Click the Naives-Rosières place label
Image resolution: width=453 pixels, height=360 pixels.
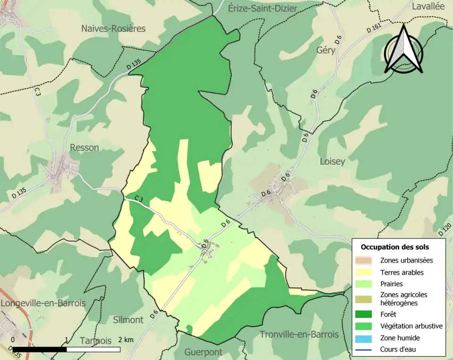tap(113, 28)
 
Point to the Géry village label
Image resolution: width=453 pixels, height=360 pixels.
tap(326, 50)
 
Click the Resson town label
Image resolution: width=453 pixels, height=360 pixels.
tap(84, 147)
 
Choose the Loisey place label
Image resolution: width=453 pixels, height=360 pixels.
tap(332, 161)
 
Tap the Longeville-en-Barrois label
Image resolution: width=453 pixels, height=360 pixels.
tap(43, 303)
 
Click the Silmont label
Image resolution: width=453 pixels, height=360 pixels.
tap(128, 320)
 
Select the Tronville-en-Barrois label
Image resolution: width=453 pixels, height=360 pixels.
tap(299, 334)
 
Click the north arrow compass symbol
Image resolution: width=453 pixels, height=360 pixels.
tap(403, 49)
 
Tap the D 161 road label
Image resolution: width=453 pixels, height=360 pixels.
tap(373, 29)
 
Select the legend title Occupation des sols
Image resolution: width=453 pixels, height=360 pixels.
tap(394, 247)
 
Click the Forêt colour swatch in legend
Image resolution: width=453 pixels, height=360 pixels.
tap(364, 314)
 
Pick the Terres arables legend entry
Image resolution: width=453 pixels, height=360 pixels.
tap(402, 272)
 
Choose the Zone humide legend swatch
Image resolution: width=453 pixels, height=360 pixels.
tap(364, 338)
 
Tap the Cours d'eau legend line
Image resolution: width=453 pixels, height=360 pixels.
tap(364, 350)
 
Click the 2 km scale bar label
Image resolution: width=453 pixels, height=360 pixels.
tap(126, 340)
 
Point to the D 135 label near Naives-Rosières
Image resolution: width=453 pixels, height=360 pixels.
tap(134, 65)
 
